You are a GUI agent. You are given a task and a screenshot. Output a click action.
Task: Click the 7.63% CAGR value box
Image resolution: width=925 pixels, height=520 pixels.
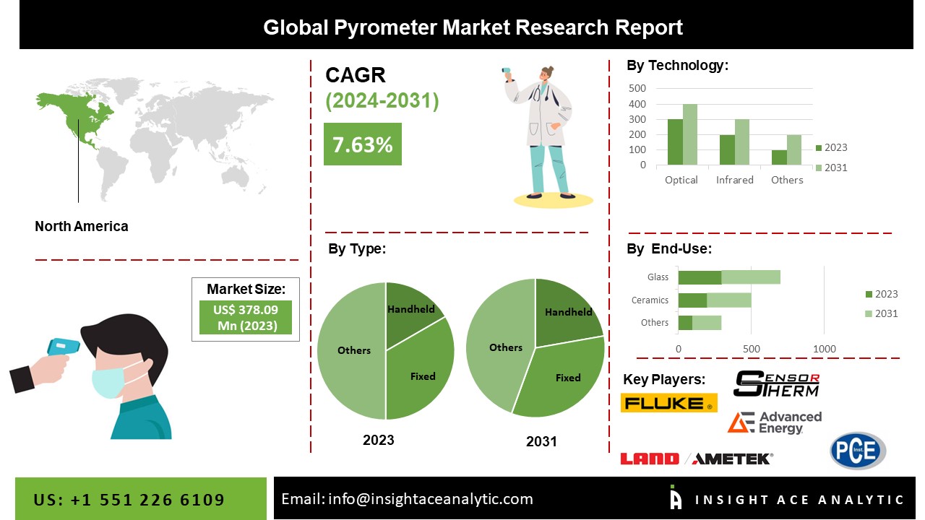pos(363,144)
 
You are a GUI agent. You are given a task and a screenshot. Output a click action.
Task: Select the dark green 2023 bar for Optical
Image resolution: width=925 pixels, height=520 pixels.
pos(675,142)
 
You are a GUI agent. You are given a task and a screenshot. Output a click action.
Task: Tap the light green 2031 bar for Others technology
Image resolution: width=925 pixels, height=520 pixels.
pos(793,149)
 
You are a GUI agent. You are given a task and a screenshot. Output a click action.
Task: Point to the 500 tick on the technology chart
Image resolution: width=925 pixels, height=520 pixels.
pos(637,88)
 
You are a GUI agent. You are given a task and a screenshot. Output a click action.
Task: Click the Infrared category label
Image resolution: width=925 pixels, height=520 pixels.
pos(735,180)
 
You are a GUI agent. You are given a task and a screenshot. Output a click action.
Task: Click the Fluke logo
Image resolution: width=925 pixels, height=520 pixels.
pos(669,403)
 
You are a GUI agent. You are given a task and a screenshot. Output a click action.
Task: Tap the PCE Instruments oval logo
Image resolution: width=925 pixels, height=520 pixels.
pos(858,450)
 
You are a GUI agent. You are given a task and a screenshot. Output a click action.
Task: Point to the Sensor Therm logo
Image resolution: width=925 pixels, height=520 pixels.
pos(777,383)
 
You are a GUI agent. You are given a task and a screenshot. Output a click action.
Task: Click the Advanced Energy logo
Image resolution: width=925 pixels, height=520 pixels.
pos(774,422)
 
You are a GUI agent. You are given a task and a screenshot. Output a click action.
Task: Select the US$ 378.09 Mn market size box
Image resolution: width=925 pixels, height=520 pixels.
pos(246,317)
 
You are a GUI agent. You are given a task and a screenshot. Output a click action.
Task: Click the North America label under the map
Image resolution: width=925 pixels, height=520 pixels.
pos(82,226)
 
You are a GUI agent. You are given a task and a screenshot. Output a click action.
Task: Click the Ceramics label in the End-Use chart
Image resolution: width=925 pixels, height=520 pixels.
pos(650,300)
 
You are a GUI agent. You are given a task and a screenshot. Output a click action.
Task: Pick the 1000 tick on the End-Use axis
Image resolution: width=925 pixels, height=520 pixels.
pos(825,349)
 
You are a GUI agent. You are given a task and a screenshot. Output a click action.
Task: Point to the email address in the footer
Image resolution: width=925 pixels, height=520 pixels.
pos(430,499)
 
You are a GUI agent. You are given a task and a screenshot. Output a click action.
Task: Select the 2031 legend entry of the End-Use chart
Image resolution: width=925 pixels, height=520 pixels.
pos(881,313)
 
